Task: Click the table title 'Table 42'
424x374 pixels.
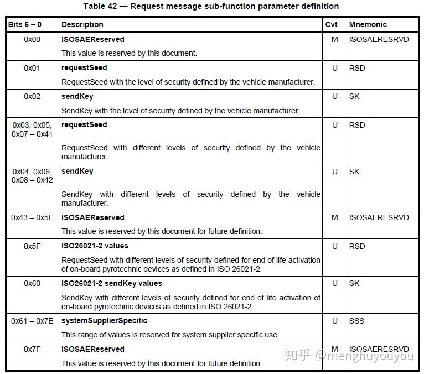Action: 211,6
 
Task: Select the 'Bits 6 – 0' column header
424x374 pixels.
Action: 24,24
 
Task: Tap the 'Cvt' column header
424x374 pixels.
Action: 332,24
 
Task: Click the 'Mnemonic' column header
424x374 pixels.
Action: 368,24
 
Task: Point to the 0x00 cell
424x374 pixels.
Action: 32,40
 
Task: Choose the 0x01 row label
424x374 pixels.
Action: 32,68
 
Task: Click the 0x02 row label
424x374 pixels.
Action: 32,96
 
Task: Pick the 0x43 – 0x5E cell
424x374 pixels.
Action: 32,217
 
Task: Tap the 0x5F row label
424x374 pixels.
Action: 32,246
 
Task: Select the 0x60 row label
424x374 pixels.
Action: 32,283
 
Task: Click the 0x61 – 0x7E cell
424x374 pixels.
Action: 32,321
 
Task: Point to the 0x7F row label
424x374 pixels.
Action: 32,349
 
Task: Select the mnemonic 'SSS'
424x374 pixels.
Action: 357,321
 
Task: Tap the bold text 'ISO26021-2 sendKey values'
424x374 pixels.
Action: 111,283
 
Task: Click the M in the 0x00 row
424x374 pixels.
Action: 334,40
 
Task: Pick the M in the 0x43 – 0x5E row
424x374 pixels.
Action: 334,217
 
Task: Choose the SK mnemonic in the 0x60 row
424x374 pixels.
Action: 354,283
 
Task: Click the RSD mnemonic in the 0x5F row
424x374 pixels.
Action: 357,246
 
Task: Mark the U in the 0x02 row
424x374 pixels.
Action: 334,96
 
